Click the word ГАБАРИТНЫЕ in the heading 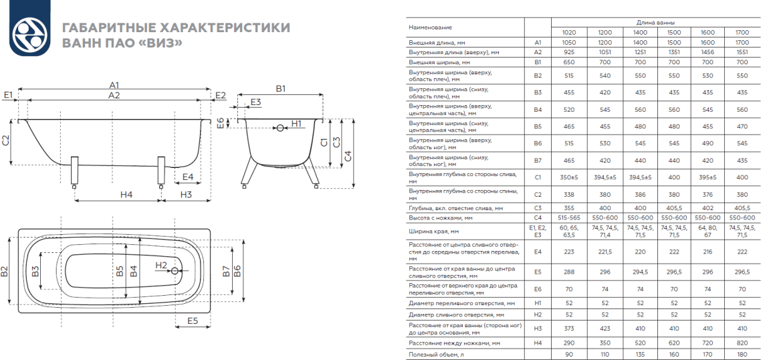point(108,28)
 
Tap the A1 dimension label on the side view point(114,86)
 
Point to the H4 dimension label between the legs point(126,194)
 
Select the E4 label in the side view point(188,177)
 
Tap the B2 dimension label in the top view point(6,271)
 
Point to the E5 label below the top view point(193,321)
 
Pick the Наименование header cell point(431,27)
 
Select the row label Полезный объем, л point(433,354)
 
